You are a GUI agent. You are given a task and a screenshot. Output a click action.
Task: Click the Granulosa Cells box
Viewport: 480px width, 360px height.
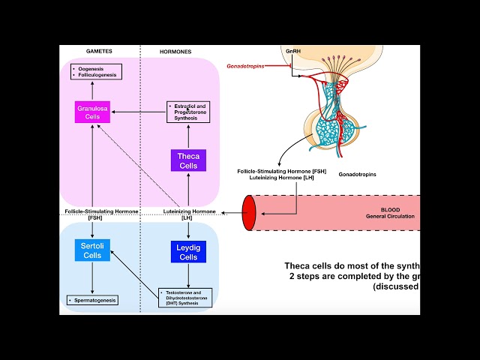(93, 112)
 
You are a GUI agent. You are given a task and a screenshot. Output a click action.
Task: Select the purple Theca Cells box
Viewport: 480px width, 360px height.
(187, 160)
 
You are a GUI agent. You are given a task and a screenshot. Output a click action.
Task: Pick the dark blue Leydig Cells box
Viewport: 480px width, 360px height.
(187, 252)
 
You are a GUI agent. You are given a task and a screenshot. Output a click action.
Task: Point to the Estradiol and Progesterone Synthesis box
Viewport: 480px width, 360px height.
(187, 112)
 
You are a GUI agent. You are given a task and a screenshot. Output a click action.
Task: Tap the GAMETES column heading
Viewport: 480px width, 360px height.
(99, 51)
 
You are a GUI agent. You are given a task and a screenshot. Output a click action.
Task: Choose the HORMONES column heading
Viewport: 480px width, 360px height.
(176, 51)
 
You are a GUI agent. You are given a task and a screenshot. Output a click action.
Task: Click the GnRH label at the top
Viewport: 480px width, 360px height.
(294, 50)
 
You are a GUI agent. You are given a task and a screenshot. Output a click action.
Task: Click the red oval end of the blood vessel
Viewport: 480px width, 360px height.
(249, 212)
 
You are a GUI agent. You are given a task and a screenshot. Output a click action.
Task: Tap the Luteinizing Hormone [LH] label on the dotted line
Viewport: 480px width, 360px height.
(187, 215)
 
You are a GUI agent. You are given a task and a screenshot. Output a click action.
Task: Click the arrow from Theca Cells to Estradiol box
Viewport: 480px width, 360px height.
(187, 136)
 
